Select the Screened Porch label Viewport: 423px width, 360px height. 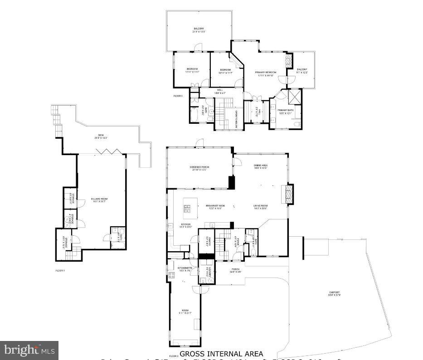[199, 167]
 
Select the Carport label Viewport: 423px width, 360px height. [335, 293]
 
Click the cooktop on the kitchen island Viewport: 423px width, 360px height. [187, 209]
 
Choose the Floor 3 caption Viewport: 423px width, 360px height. [178, 96]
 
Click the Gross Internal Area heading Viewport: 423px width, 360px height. [221, 353]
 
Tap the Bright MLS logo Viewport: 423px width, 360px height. [29, 350]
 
